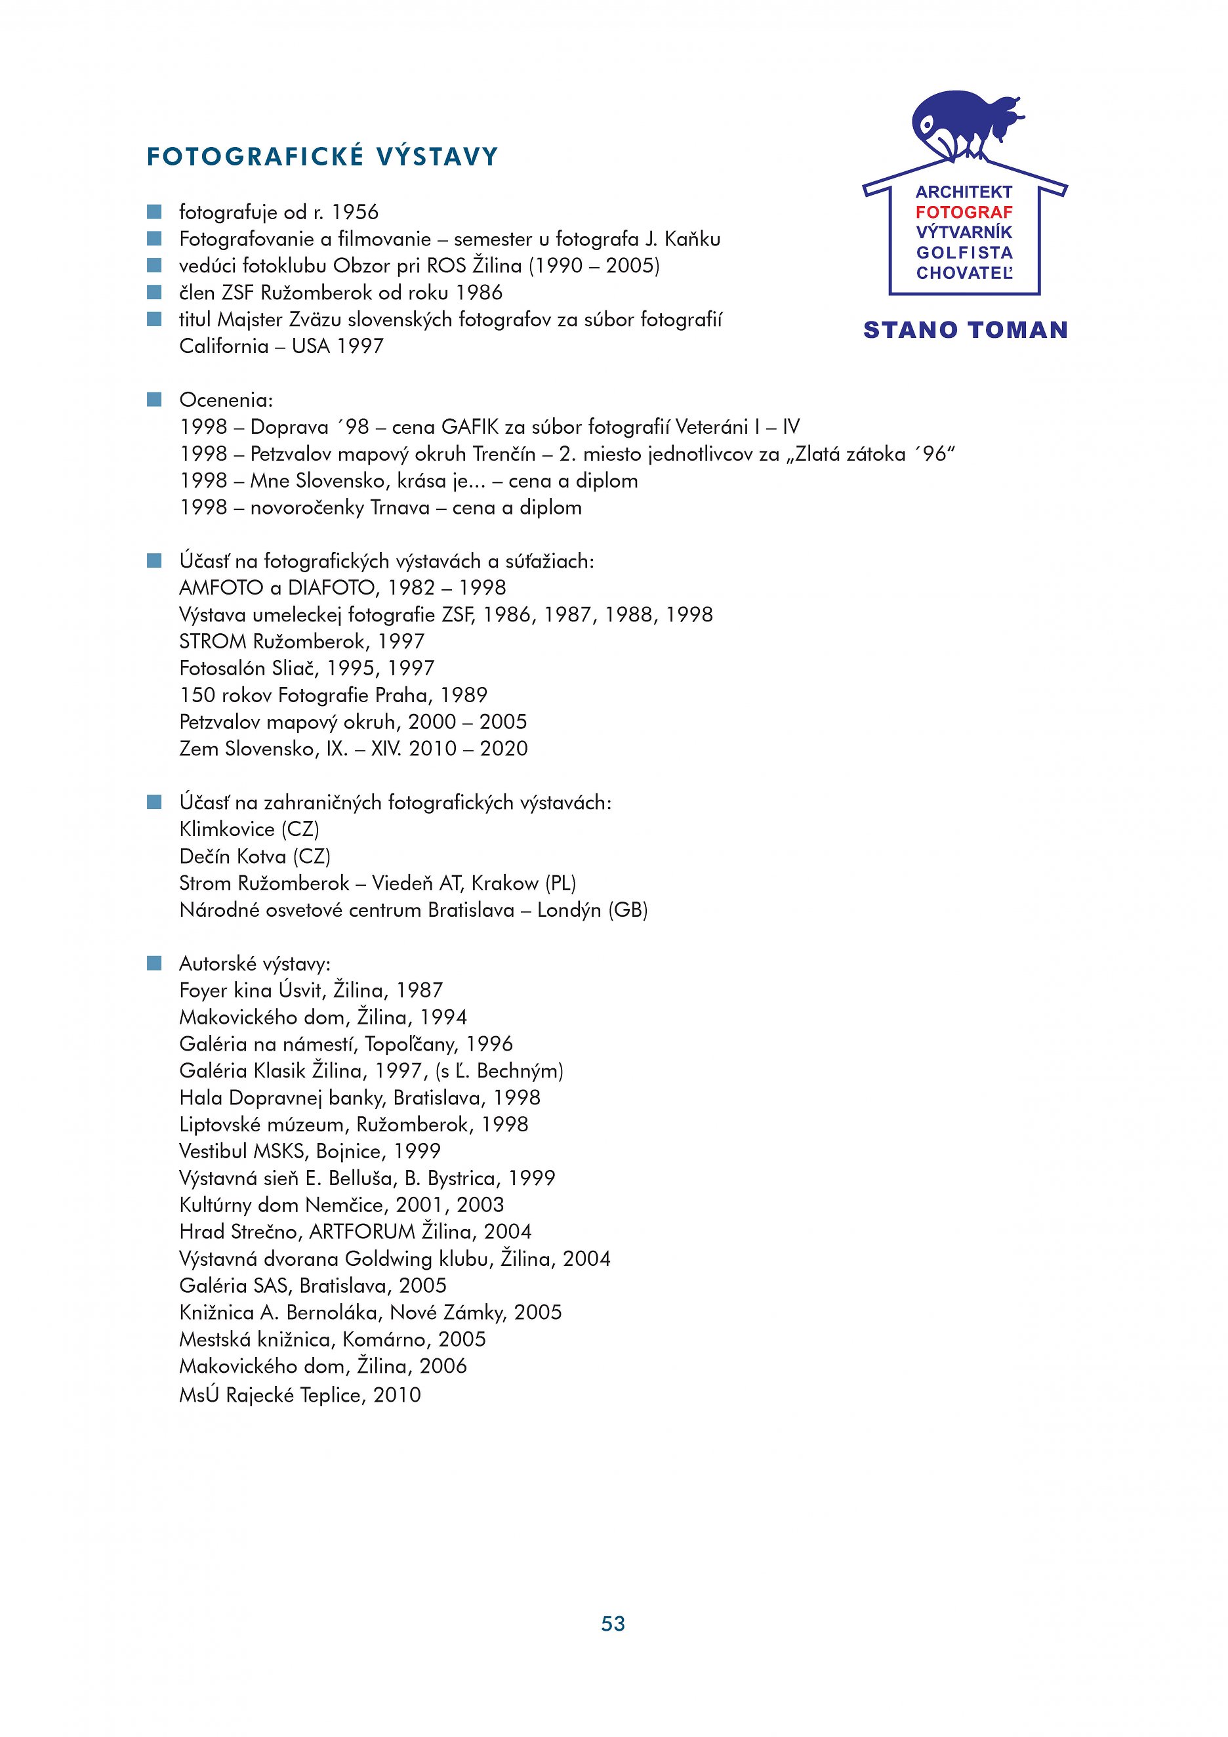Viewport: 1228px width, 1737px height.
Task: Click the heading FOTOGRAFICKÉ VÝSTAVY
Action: click(322, 157)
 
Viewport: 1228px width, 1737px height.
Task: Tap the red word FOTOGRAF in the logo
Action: click(964, 213)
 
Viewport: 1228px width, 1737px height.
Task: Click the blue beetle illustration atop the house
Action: click(964, 124)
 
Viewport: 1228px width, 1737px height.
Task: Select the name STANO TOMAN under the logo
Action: click(965, 330)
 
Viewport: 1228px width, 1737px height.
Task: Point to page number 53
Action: click(613, 1624)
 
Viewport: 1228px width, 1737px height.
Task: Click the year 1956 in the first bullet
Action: click(355, 213)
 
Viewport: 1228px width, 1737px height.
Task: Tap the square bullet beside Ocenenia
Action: click(154, 400)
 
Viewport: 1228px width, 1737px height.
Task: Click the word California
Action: click(224, 346)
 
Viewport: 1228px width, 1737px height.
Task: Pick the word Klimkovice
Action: click(227, 830)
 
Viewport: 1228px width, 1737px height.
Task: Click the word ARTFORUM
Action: click(362, 1232)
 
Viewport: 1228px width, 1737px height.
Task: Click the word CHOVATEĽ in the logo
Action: click(964, 273)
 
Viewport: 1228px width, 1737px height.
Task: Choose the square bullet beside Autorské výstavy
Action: click(154, 963)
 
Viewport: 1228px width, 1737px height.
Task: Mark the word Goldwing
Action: click(388, 1259)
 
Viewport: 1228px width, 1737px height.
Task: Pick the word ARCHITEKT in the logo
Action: click(964, 192)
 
